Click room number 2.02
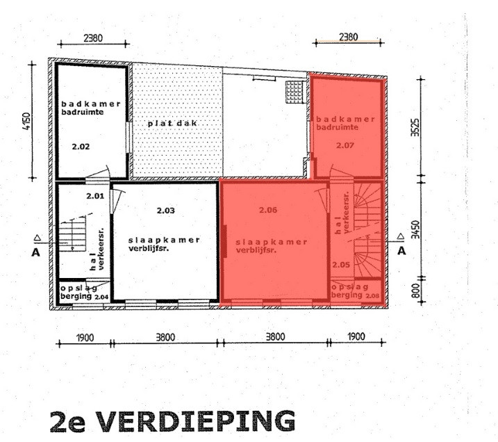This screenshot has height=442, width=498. coord(81,147)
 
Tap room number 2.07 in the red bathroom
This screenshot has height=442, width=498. coord(345,145)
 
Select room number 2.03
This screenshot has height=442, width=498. coord(166,211)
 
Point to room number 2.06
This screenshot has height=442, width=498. coord(268,210)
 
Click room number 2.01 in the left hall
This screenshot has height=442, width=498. coord(95,196)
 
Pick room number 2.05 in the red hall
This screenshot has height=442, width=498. coord(341,264)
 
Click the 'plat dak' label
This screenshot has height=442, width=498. coord(172,123)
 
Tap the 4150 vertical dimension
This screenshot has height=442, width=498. coord(26,121)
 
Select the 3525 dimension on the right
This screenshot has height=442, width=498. coord(415,127)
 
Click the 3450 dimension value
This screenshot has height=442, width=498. coord(415,229)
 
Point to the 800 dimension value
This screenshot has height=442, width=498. coord(415,290)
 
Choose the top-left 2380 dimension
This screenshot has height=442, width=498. coord(93,38)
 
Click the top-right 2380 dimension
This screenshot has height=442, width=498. coord(349,37)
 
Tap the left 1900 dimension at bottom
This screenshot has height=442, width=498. coord(85,338)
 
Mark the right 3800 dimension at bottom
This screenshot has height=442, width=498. coord(275,337)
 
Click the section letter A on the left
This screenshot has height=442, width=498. coord(35,252)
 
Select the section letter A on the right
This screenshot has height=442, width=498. coord(401,251)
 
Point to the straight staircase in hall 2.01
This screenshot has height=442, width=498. coord(72,234)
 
